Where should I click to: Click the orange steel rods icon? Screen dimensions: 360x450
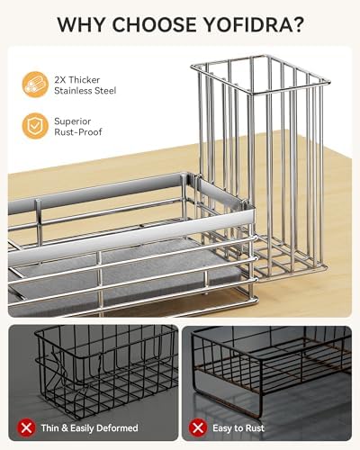point(35,85)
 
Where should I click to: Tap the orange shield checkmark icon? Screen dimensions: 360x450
point(35,126)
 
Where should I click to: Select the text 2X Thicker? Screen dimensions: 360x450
point(77,80)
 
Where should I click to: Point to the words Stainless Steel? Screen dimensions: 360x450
point(85,91)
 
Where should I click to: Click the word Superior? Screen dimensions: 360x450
point(72,121)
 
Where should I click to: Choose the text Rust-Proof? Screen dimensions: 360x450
point(78,132)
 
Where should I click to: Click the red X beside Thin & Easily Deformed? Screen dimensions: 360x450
point(27,427)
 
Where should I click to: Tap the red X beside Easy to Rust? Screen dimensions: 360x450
point(198,427)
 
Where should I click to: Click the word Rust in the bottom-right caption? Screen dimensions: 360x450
point(254,428)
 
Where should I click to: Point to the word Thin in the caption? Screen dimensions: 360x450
point(50,427)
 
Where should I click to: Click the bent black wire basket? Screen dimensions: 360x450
point(106,371)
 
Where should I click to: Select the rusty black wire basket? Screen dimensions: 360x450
point(272,369)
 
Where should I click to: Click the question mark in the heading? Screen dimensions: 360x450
point(295,24)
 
